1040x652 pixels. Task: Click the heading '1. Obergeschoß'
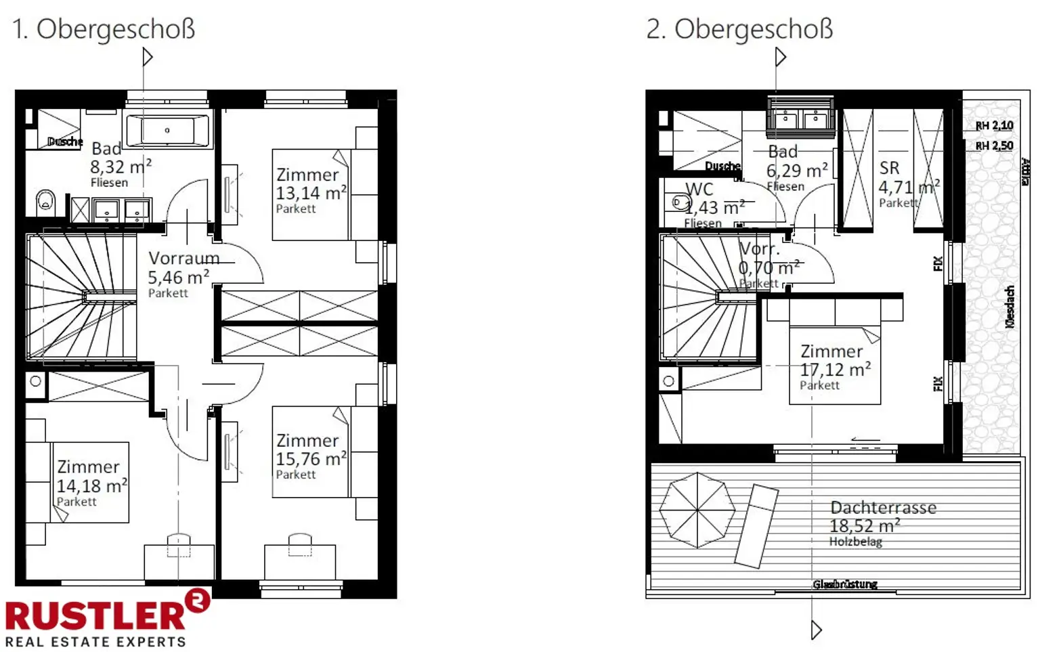(104, 29)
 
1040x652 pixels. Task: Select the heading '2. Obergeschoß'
(739, 29)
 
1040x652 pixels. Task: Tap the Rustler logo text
(95, 615)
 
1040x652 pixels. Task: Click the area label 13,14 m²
(311, 193)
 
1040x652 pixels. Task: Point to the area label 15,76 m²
(311, 459)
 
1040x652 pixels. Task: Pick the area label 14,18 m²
(91, 485)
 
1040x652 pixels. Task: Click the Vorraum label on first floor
(183, 259)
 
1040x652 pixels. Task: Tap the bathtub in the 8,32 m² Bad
(167, 130)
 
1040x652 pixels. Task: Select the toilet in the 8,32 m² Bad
(46, 200)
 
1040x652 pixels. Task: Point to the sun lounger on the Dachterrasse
(758, 525)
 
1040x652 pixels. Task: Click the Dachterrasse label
(883, 507)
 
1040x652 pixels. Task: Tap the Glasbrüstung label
(845, 584)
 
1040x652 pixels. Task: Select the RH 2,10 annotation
(994, 125)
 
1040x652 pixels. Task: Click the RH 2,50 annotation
(994, 146)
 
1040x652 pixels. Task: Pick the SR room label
(889, 168)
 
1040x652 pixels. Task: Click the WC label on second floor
(699, 190)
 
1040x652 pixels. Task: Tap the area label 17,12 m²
(835, 370)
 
